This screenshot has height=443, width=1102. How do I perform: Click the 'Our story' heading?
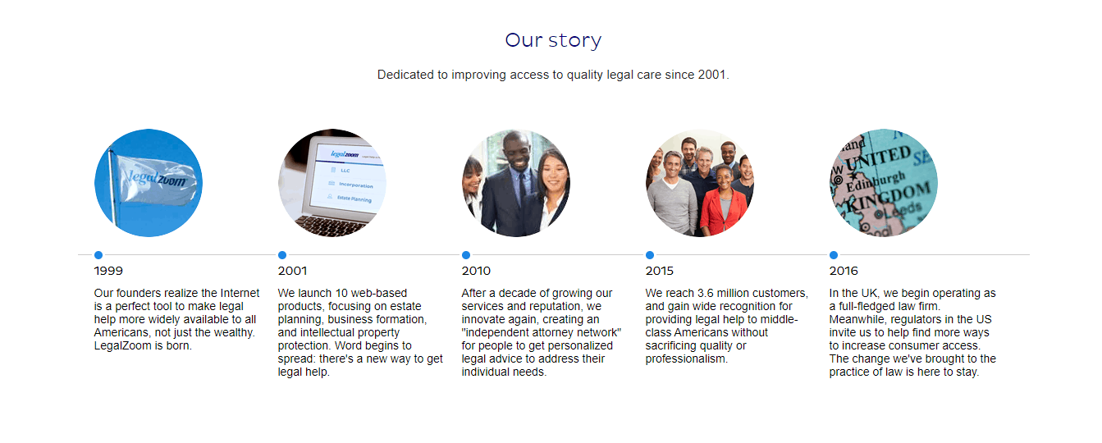coord(553,40)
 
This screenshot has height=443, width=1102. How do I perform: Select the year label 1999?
coord(108,271)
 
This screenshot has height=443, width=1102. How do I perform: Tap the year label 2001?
coord(292,271)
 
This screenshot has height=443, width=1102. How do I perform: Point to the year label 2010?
coord(476,271)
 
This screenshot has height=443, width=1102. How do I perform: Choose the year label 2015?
coord(659,271)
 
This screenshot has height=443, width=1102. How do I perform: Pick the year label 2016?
coord(844,271)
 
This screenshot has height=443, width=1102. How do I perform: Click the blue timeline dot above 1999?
coord(98,254)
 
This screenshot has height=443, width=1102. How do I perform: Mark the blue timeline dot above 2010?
coord(466,254)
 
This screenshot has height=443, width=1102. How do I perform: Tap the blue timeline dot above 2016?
coord(834,254)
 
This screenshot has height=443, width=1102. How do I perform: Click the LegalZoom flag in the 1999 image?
coord(155,180)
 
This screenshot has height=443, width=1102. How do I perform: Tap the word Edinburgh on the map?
coord(876,181)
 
